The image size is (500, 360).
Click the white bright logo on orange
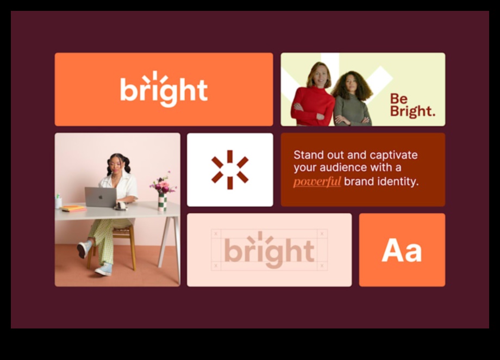tap(164, 89)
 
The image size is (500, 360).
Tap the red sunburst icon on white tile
tap(230, 170)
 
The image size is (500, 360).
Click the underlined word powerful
tap(317, 182)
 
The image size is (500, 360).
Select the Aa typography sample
tap(402, 250)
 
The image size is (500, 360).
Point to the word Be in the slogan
tap(399, 98)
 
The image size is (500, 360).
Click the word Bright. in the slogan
tap(412, 111)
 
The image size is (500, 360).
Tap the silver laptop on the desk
tap(101, 197)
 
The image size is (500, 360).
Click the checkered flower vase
tap(162, 202)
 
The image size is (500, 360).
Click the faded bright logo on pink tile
tap(270, 250)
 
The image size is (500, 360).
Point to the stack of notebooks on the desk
tap(74, 208)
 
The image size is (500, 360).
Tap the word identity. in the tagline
tap(398, 181)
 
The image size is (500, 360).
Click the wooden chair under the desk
tap(112, 246)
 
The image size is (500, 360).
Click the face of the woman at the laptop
tap(116, 165)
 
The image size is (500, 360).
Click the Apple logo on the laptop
tap(101, 197)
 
